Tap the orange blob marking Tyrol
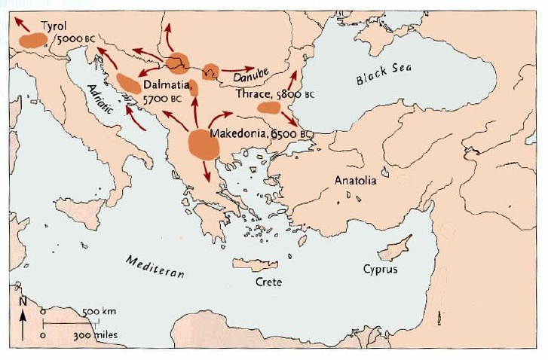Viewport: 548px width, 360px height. click(32, 40)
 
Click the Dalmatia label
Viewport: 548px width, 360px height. click(167, 86)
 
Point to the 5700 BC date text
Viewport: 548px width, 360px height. click(163, 99)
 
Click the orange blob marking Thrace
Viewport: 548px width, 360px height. click(268, 108)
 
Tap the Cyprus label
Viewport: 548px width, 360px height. click(380, 269)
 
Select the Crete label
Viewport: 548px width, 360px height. click(268, 282)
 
